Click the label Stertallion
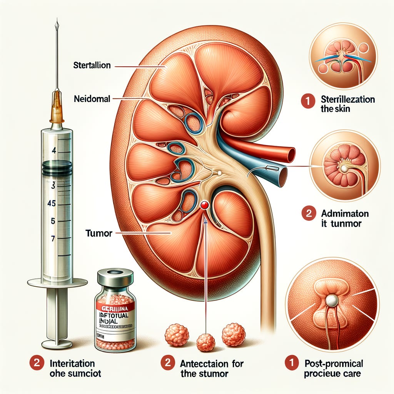(x=92, y=65)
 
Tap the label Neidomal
(x=92, y=99)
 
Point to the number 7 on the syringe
(x=53, y=239)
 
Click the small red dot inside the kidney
(x=204, y=206)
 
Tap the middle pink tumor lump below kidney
(x=206, y=342)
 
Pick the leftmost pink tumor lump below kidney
(x=177, y=334)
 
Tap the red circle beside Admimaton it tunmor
(x=309, y=214)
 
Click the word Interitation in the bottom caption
(x=73, y=363)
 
